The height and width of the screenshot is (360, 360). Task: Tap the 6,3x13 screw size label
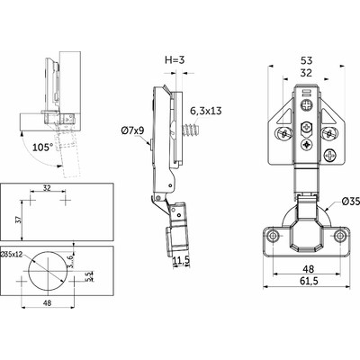(x=207, y=110)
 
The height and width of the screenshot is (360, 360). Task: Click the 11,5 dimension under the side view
(x=180, y=260)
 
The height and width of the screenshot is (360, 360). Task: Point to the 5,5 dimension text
(x=87, y=277)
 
